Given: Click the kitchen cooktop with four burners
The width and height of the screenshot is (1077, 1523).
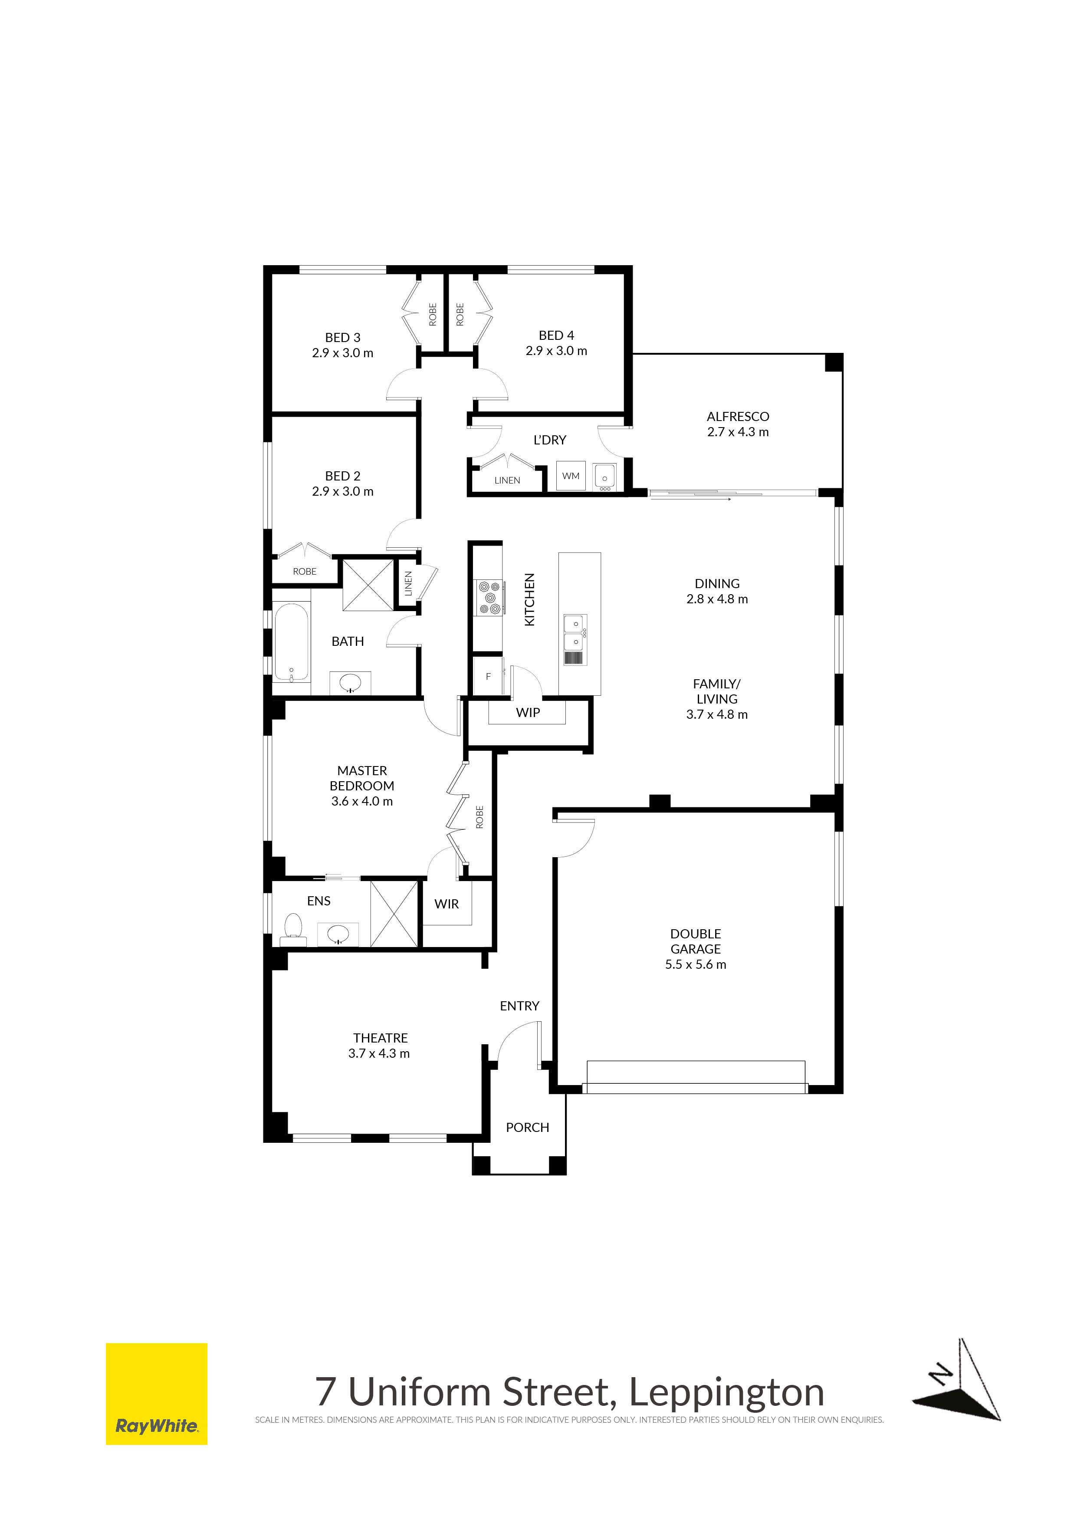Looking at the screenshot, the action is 488,597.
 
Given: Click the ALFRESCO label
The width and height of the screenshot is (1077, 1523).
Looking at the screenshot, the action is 738,417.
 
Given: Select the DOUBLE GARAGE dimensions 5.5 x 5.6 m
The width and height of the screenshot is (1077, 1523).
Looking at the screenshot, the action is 696,964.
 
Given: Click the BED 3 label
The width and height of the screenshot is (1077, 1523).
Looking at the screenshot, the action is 343,338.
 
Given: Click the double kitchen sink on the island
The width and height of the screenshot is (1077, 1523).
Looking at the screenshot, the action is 575,633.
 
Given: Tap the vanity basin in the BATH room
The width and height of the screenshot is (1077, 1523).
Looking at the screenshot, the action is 350,683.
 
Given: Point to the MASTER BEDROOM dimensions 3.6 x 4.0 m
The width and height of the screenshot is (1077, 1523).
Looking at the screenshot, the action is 362,801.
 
